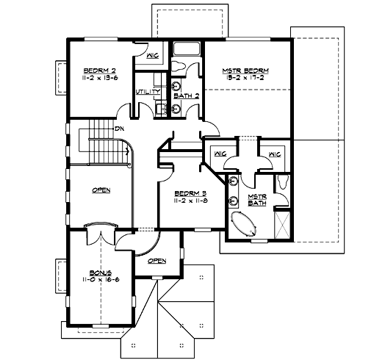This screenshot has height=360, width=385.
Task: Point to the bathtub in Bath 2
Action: click(x=187, y=50)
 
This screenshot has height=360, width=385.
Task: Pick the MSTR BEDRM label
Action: click(x=245, y=71)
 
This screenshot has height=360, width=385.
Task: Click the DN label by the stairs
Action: click(x=119, y=129)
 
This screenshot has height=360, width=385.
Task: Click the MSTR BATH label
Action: click(x=256, y=200)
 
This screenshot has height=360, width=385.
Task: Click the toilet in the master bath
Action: click(x=284, y=184)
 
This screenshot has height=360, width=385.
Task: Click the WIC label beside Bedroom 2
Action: click(x=153, y=55)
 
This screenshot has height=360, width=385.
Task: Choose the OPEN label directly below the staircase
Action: click(x=101, y=190)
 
